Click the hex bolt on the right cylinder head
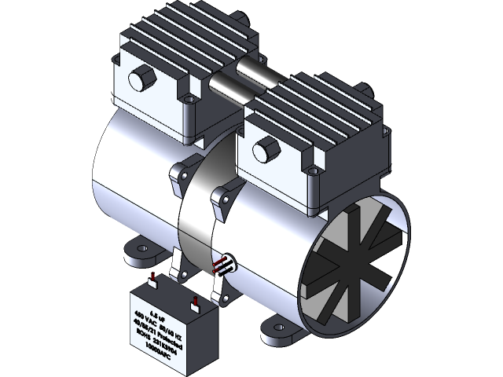(x=265, y=146)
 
